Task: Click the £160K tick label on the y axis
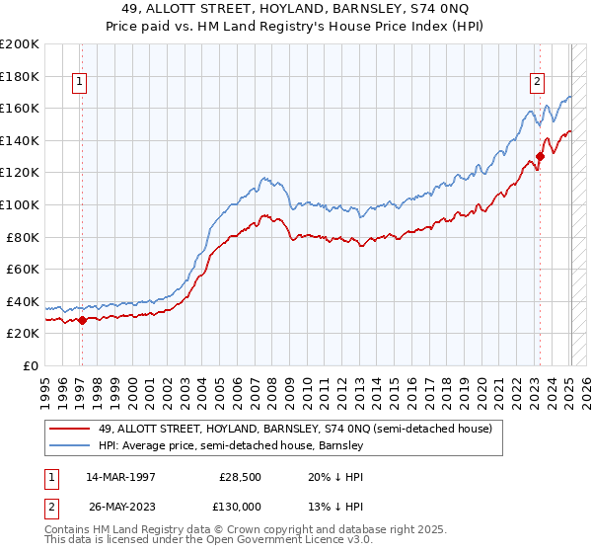20,108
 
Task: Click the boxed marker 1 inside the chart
79,82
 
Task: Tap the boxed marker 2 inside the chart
538,82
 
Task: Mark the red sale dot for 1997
83,319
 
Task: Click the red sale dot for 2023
541,155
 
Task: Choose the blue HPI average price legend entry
232,446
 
